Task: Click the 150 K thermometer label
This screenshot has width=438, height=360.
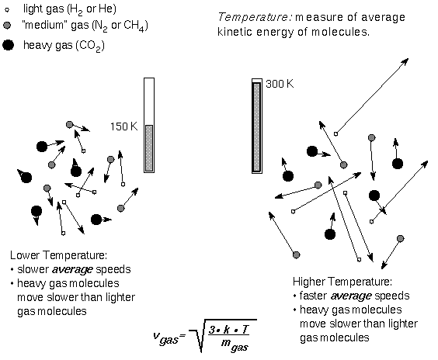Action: (124, 126)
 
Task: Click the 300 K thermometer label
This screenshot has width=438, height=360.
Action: (280, 84)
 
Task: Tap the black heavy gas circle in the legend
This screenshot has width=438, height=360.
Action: (8, 45)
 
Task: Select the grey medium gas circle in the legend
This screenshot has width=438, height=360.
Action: (7, 26)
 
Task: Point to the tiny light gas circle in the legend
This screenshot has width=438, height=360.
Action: (7, 10)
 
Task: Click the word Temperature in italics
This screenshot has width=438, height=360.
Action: (253, 17)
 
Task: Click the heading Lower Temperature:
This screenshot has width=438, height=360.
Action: (59, 255)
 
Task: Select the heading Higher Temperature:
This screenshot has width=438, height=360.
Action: (342, 282)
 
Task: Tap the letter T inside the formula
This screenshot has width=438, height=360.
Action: (245, 330)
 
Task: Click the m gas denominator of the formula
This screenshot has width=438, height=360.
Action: (235, 344)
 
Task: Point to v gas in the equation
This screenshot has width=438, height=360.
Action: (165, 337)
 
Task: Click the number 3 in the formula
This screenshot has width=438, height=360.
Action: (213, 330)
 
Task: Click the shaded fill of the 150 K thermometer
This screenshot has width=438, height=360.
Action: (149, 148)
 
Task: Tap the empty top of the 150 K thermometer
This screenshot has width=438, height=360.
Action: (149, 102)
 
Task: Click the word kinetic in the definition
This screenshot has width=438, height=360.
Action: (235, 32)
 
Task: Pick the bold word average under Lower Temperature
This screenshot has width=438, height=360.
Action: (72, 269)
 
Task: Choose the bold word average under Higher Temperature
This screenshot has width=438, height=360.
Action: (351, 296)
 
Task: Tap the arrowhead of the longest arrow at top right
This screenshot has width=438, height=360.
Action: (405, 61)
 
